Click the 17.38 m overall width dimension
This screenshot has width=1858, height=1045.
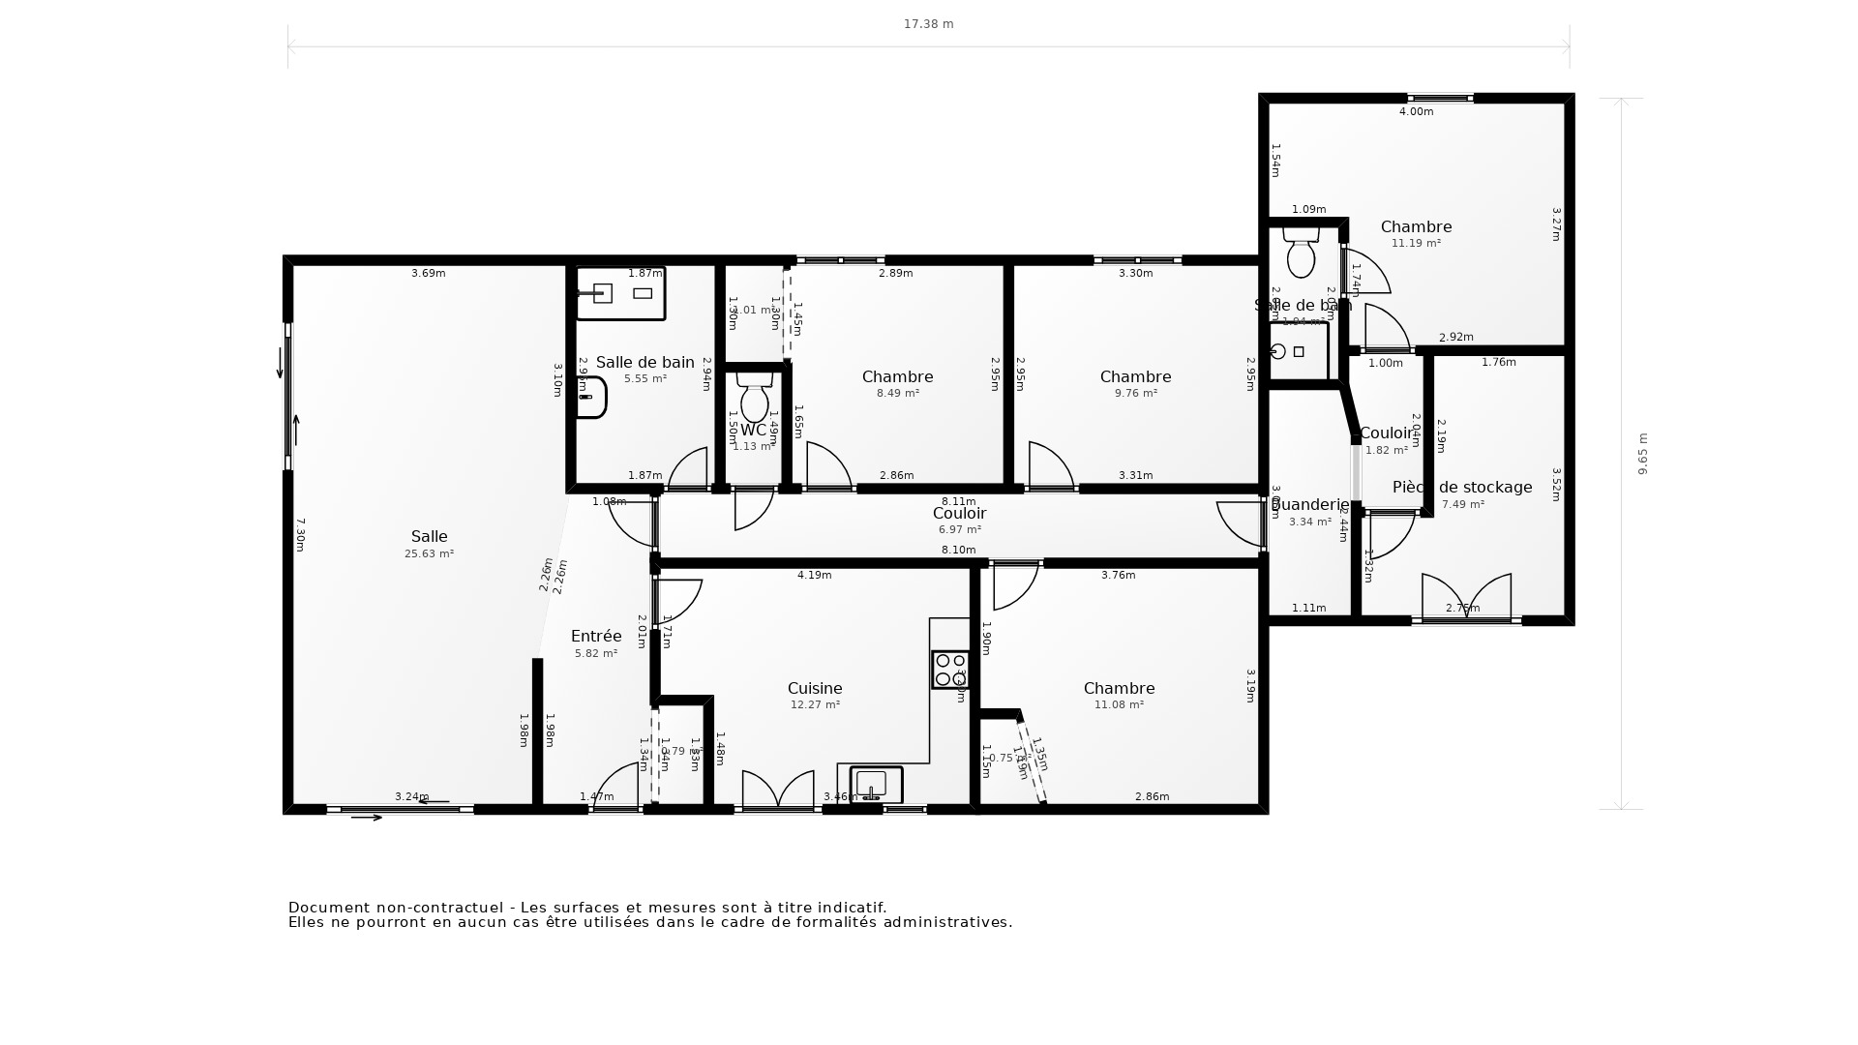point(928,24)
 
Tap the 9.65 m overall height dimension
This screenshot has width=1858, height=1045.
point(1642,453)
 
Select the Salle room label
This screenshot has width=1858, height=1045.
point(429,536)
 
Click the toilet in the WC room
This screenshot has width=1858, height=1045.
point(754,397)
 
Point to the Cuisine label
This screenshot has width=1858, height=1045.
point(815,688)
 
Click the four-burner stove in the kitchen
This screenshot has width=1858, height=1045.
point(949,670)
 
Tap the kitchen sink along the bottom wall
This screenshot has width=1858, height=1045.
point(875,785)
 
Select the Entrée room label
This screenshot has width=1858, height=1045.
point(596,636)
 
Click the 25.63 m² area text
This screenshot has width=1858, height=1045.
point(429,554)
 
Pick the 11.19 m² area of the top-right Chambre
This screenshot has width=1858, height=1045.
point(1416,244)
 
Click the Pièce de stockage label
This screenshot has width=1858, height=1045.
point(1462,487)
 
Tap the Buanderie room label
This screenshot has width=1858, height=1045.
point(1309,504)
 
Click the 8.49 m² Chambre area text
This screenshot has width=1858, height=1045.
point(897,394)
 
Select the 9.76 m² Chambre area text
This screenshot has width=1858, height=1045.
point(1135,394)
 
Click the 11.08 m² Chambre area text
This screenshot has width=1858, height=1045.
point(1119,705)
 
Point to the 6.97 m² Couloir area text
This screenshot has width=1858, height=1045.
point(959,530)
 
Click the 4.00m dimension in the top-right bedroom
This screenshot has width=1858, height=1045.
point(1416,111)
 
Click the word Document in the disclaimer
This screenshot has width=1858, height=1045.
point(329,908)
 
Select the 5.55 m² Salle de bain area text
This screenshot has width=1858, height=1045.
point(644,379)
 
